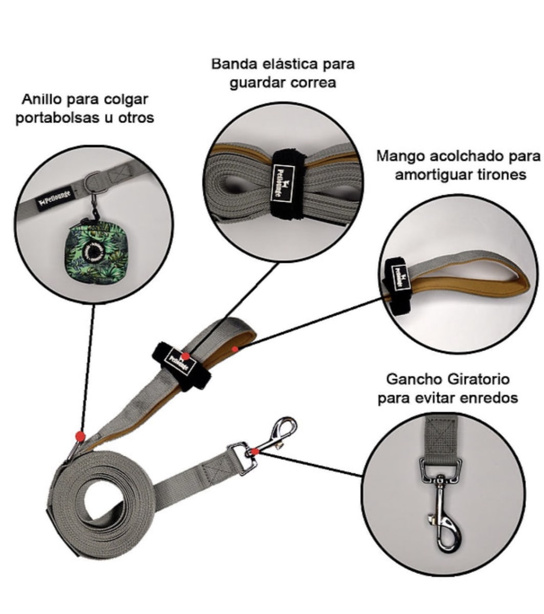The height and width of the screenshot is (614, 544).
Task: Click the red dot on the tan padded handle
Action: click(234, 349)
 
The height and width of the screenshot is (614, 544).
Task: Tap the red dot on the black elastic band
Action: click(186, 356)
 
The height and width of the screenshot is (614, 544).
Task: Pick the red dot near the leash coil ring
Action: click(80, 436)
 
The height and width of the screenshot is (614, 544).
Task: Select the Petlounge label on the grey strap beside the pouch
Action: click(55, 200)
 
